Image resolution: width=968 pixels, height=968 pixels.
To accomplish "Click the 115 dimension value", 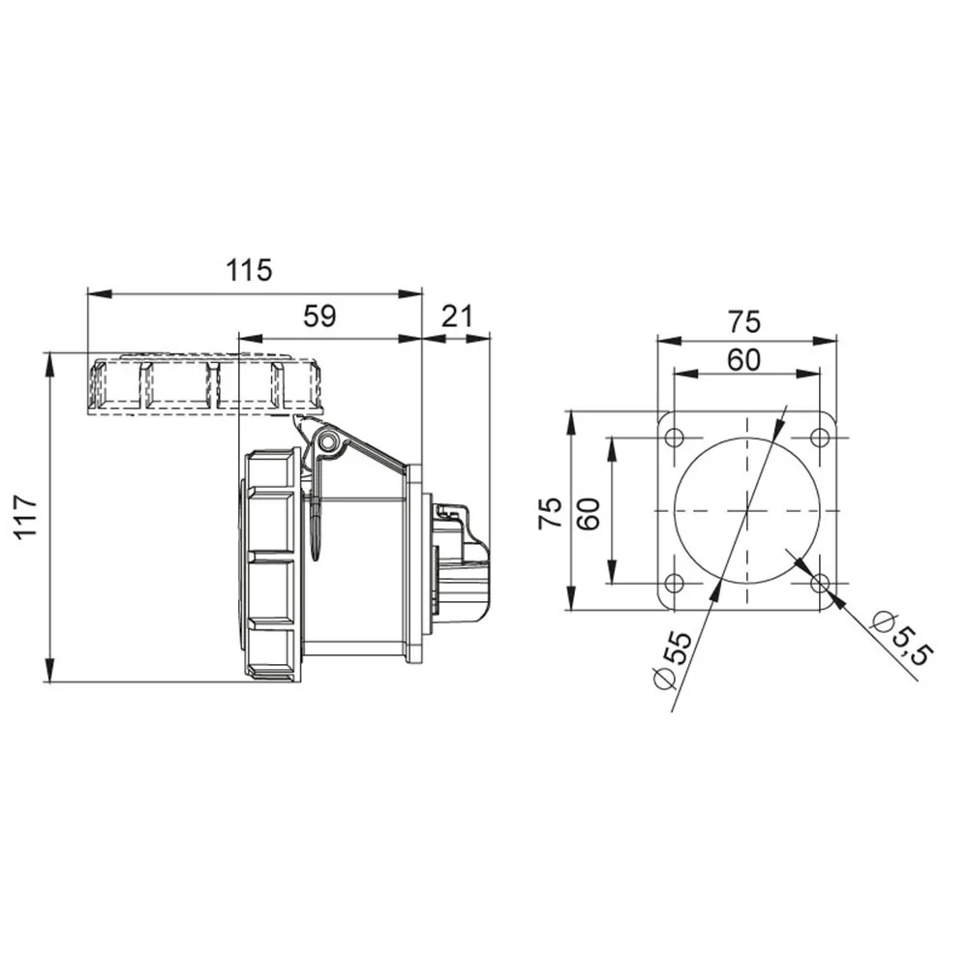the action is click(x=248, y=270).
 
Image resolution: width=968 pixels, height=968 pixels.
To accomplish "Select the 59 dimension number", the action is click(x=319, y=317).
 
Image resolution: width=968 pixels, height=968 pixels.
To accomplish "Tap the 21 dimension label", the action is click(x=458, y=317).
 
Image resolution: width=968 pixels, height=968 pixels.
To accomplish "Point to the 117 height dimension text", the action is click(x=27, y=517).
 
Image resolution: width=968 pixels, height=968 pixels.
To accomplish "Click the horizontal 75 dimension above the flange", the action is click(x=743, y=322).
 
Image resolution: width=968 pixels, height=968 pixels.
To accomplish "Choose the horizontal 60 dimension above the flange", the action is click(x=743, y=360).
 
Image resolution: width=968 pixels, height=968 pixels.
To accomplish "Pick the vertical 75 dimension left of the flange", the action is click(x=551, y=513).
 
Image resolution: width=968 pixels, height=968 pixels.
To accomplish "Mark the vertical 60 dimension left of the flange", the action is click(x=589, y=513).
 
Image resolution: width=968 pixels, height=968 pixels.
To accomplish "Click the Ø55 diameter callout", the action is click(x=673, y=659).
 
